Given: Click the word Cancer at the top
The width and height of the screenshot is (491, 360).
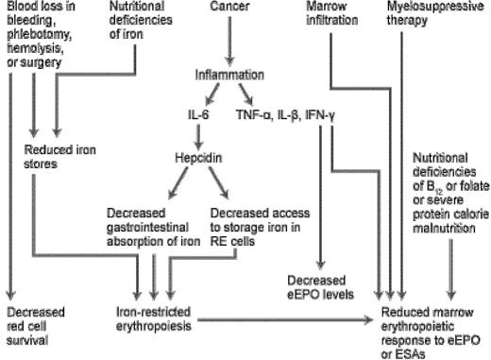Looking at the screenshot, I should click(x=229, y=9).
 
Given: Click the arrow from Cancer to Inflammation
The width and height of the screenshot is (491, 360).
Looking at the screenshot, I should click(x=229, y=42).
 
